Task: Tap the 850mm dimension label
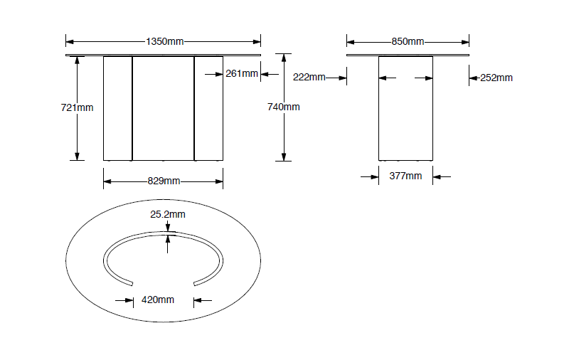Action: (x=408, y=41)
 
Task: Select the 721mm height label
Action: (x=77, y=107)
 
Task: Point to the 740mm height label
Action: (x=283, y=107)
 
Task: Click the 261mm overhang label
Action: (x=241, y=73)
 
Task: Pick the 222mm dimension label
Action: (x=309, y=78)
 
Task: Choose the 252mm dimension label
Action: (x=496, y=78)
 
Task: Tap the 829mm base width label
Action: (x=163, y=181)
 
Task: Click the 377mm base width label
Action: (x=405, y=176)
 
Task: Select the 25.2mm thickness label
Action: (x=168, y=214)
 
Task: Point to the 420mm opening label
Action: (x=158, y=300)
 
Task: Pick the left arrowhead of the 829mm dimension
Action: (x=107, y=181)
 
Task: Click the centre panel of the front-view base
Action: (x=163, y=107)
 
